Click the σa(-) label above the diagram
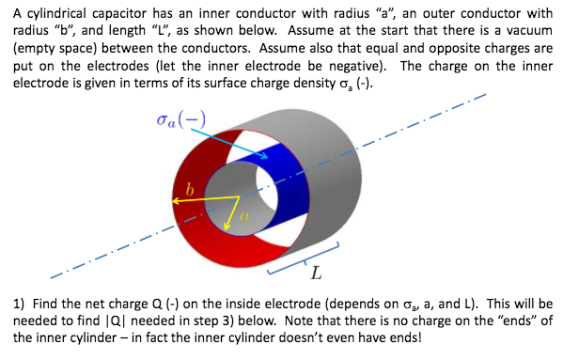[181, 120]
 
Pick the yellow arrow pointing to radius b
[202, 198]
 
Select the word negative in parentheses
[346, 66]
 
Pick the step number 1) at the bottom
[18, 305]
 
